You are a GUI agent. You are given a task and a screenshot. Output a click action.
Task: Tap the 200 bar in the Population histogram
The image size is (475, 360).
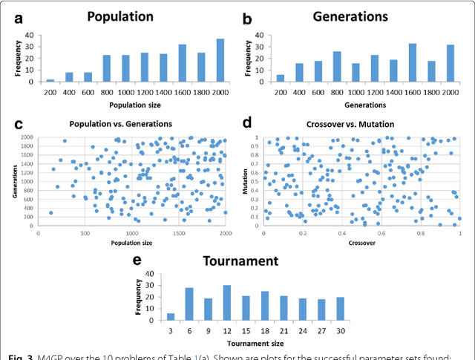point(50,80)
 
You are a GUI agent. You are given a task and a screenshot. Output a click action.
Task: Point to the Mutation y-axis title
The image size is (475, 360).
point(245,180)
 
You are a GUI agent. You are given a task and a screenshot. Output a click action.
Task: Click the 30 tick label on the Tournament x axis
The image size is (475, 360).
point(341,330)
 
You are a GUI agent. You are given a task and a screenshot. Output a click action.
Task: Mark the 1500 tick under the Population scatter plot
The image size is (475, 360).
point(178,232)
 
